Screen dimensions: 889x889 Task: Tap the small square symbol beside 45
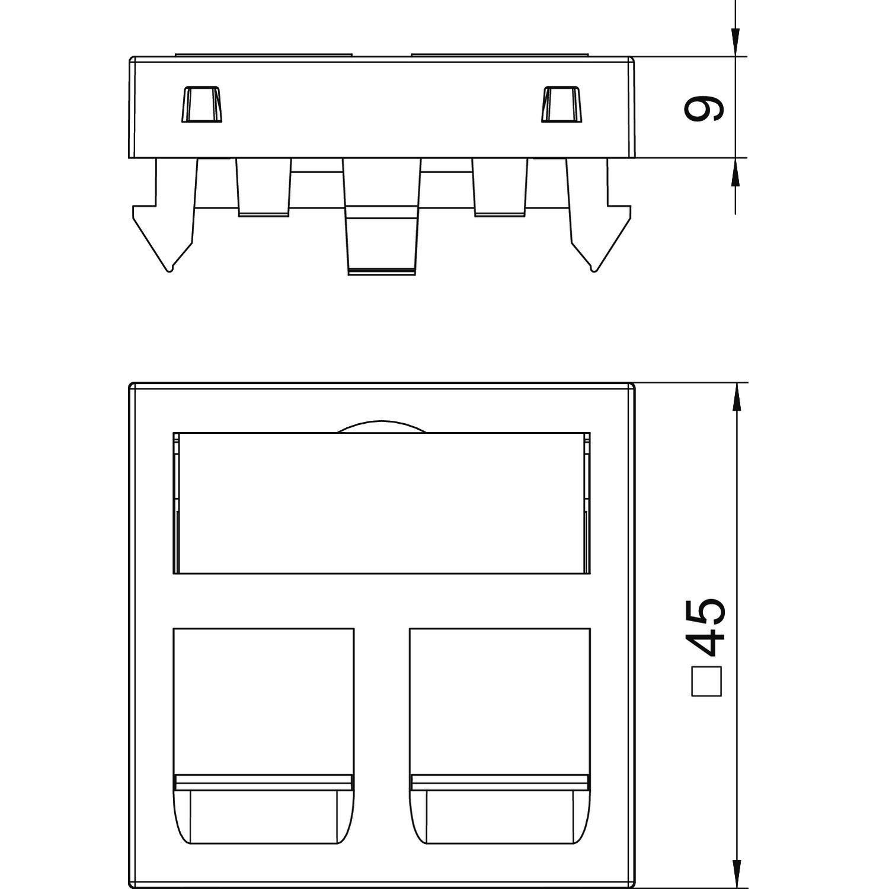[x=707, y=681]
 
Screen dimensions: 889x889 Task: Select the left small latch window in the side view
[x=202, y=105]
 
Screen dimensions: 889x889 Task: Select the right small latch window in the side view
[x=562, y=105]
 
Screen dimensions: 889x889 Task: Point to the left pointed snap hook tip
[x=171, y=270]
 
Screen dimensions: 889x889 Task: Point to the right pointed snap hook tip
[x=593, y=270]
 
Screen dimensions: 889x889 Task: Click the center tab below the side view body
[x=382, y=216]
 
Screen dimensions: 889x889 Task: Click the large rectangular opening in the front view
[x=382, y=503]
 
